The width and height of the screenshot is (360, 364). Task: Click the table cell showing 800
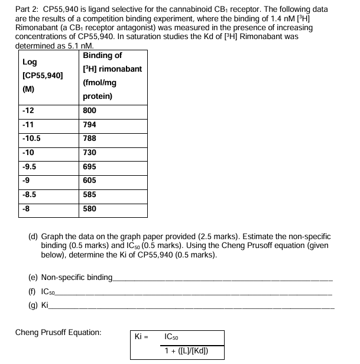pos(89,111)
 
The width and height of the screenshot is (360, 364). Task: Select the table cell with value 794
pos(89,125)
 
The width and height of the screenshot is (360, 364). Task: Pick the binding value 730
pos(89,153)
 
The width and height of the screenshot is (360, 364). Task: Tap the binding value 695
pos(89,166)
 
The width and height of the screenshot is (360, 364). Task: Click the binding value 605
pos(89,181)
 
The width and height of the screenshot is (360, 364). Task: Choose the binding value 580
pos(89,208)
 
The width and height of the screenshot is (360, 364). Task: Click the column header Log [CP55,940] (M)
pos(43,76)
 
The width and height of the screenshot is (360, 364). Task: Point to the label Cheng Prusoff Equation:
pos(58,332)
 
